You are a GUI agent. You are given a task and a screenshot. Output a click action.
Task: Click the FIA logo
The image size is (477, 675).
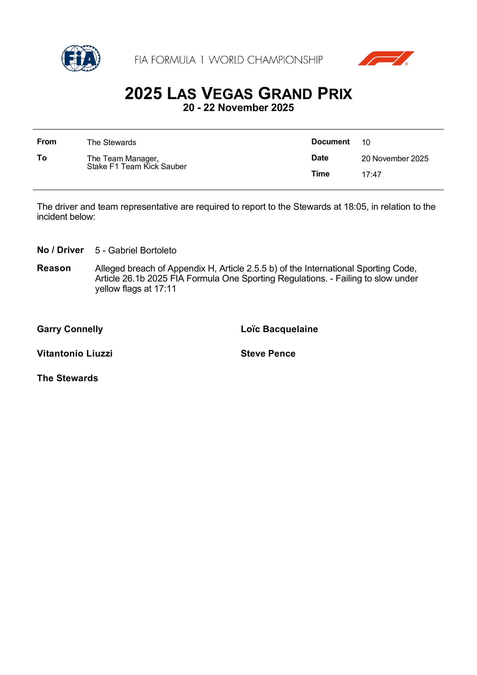[81, 58]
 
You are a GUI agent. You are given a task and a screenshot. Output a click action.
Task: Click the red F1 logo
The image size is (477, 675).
[386, 58]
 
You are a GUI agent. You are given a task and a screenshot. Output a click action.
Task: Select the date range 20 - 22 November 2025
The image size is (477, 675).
[238, 108]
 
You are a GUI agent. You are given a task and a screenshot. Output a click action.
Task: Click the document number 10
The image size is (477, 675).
[366, 143]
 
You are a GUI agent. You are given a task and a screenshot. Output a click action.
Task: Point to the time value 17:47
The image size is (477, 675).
[371, 175]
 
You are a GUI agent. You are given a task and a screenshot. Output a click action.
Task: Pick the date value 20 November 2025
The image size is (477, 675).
[395, 159]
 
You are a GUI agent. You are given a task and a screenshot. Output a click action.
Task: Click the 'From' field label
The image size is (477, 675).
[47, 142]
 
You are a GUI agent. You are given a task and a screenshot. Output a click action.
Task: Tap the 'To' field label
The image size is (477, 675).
[42, 158]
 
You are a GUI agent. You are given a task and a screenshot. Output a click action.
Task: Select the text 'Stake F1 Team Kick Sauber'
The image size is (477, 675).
[137, 167]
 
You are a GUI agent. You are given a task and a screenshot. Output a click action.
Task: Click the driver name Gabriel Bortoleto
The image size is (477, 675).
[142, 250]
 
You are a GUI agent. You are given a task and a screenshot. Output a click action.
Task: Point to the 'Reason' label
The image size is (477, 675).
[54, 268]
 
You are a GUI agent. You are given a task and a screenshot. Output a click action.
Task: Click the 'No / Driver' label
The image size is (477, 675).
[60, 250]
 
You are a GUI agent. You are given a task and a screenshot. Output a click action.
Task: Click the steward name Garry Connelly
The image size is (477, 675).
[70, 329]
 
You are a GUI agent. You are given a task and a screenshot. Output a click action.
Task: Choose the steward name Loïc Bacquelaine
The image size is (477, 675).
[279, 329]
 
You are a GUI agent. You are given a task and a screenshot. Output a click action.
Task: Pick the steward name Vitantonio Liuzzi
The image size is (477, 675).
[75, 354]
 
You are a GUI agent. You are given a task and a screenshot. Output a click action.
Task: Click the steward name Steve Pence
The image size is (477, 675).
[268, 354]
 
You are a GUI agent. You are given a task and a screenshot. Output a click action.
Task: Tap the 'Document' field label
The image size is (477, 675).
[330, 142]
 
